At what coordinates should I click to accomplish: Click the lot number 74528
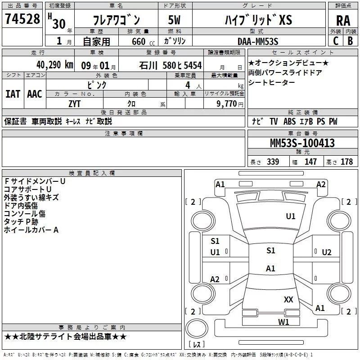click(22, 19)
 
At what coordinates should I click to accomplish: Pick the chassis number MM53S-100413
click(302, 143)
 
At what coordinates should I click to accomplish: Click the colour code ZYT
click(75, 103)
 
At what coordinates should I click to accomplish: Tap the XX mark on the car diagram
click(288, 299)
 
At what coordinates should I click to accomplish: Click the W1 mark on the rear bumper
click(283, 322)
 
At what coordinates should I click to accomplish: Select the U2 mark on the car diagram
click(327, 252)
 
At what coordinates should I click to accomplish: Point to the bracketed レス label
click(196, 345)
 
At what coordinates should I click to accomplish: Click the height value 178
click(346, 162)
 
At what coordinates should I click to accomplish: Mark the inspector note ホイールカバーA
click(31, 230)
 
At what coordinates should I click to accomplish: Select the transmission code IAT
click(13, 94)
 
